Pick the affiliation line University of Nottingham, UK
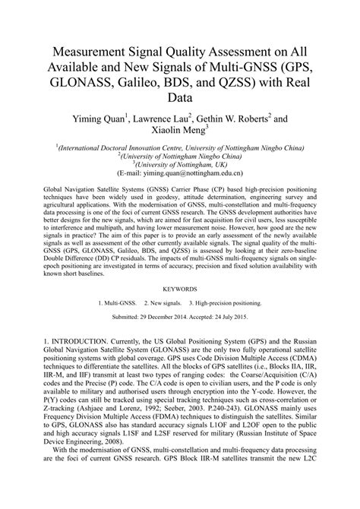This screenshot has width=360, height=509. point(180,164)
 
